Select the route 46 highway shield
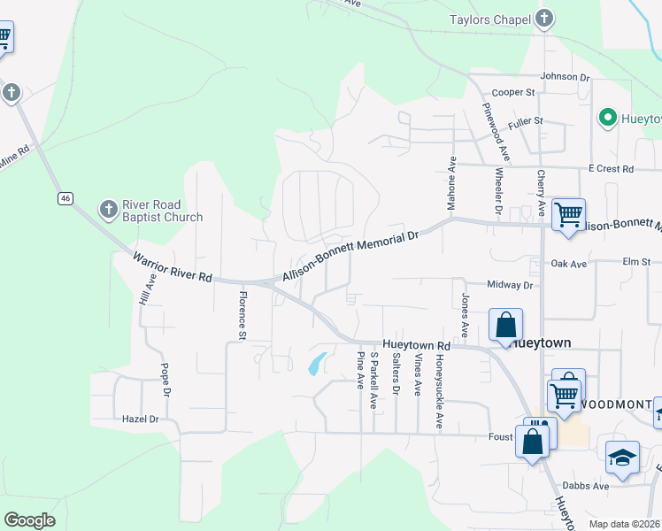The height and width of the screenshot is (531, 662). pyautogui.click(x=65, y=199)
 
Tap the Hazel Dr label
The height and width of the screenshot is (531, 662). pyautogui.click(x=141, y=419)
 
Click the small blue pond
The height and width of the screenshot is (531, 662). pyautogui.click(x=315, y=364)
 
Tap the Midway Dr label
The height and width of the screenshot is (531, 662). pyautogui.click(x=512, y=285)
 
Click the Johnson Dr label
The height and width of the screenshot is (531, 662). pyautogui.click(x=565, y=77)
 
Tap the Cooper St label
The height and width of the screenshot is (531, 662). pyautogui.click(x=514, y=92)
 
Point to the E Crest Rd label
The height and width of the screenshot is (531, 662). pyautogui.click(x=612, y=168)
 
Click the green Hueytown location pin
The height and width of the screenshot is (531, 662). pyautogui.click(x=607, y=117)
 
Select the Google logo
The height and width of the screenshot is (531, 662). pyautogui.click(x=30, y=520)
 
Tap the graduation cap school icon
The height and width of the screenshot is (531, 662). pyautogui.click(x=623, y=457)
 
